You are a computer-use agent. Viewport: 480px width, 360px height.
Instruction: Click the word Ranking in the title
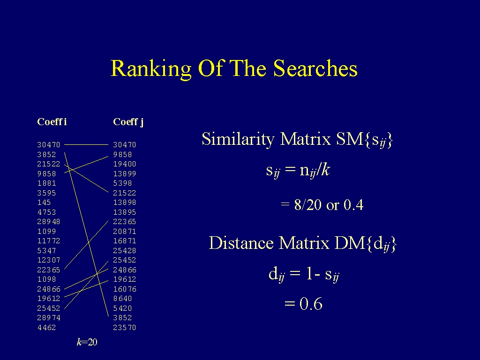(151, 69)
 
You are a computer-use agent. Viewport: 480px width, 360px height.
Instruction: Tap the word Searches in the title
(315, 68)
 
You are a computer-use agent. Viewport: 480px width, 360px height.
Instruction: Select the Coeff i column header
(52, 122)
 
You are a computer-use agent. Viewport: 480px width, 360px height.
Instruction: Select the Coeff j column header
(128, 122)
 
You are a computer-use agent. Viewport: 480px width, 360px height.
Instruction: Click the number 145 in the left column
(44, 202)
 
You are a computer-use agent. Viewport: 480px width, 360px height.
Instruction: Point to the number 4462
(46, 328)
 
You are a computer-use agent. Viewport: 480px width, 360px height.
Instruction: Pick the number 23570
(125, 328)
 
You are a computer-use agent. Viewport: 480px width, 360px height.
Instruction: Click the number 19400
(125, 164)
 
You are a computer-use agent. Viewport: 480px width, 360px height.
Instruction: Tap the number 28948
(49, 222)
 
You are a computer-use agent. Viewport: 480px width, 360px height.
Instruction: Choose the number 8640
(122, 299)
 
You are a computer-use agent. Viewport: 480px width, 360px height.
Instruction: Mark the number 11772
(49, 241)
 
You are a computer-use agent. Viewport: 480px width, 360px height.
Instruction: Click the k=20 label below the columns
(87, 342)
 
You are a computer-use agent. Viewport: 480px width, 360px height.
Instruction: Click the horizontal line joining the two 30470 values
(86, 144)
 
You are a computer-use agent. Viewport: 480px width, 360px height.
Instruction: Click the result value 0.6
(311, 304)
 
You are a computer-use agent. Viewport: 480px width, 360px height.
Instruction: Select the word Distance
(241, 243)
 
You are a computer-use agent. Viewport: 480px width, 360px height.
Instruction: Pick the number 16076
(125, 289)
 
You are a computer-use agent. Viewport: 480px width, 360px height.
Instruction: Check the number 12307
(49, 260)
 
